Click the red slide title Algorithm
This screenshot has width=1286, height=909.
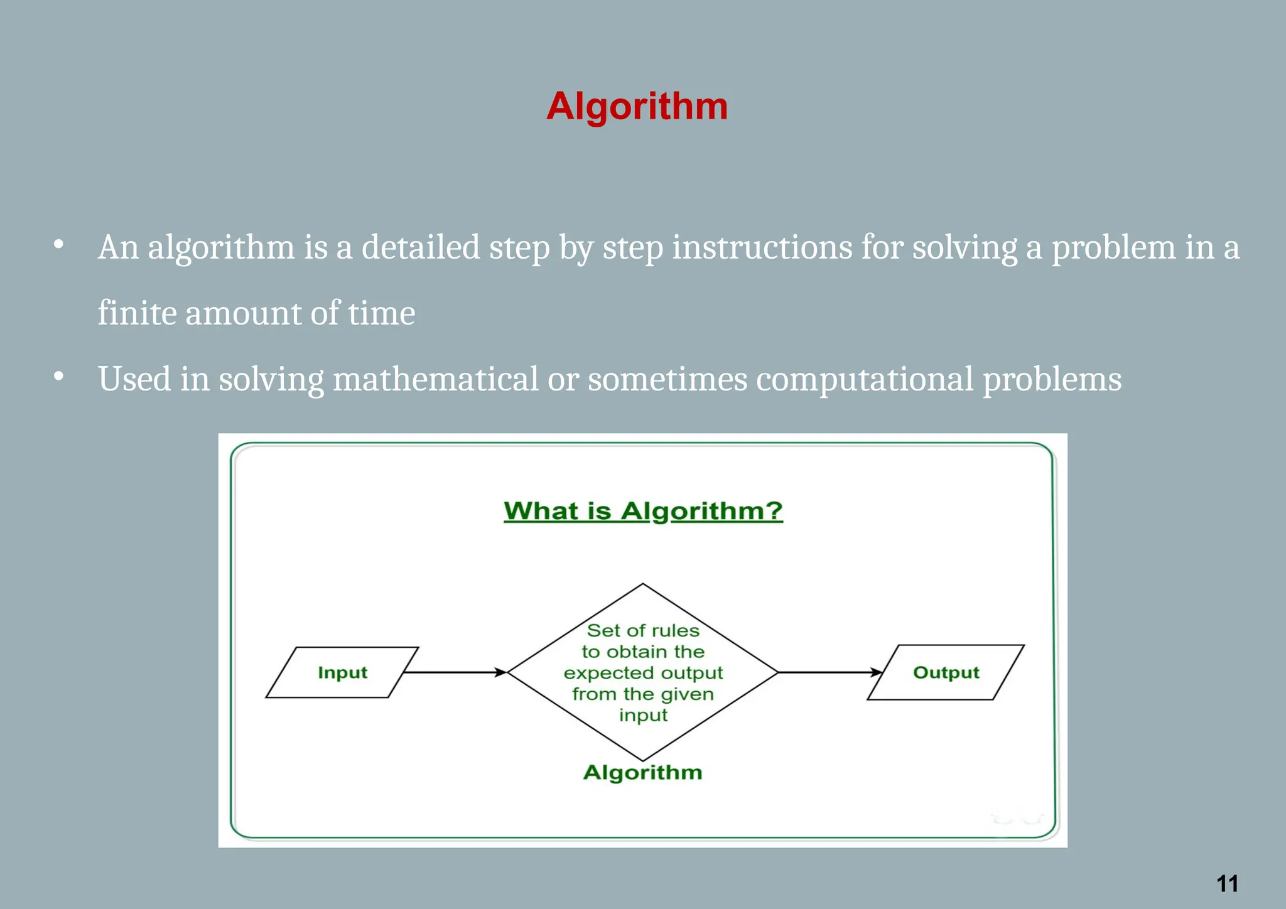click(637, 106)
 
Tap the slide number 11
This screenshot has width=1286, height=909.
click(1227, 884)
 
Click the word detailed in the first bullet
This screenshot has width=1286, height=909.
click(421, 247)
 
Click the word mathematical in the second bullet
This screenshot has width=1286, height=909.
click(435, 379)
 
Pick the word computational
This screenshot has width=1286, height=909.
click(865, 379)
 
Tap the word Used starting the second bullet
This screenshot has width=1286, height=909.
click(134, 379)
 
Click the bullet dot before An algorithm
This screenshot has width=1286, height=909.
click(59, 244)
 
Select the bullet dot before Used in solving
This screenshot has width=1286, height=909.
click(59, 376)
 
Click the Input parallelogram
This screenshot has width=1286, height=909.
click(342, 672)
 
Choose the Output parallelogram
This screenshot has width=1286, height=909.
click(946, 672)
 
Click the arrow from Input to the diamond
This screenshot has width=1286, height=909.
click(455, 672)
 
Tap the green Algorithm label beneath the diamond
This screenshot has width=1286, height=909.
click(642, 772)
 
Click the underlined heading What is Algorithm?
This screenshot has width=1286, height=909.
click(643, 511)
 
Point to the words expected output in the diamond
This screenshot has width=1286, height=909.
click(643, 673)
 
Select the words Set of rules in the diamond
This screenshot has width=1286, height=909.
click(643, 630)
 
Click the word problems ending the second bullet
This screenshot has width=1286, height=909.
click(1052, 379)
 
